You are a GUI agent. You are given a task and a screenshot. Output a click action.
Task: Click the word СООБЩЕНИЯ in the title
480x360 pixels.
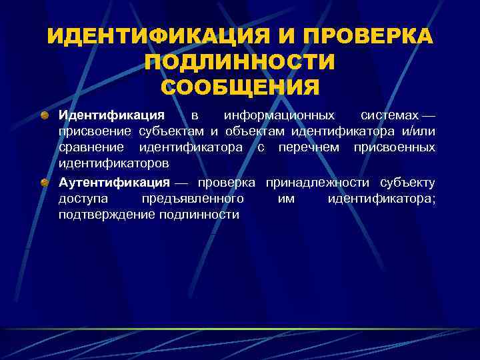point(240,88)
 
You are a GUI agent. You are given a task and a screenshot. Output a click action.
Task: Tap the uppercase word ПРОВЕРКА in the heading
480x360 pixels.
point(360,37)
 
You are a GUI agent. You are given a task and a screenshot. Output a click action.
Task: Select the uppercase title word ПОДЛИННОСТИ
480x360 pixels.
point(240,63)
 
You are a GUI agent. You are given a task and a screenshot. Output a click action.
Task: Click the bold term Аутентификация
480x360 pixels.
point(114,183)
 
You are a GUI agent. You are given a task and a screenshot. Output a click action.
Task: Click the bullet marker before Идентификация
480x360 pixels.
point(44,115)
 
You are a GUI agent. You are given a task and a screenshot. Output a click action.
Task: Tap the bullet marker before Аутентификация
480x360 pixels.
point(44,183)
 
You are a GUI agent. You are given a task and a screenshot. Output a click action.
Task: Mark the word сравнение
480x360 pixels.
point(93,147)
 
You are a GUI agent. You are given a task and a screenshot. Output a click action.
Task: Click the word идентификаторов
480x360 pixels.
point(113,163)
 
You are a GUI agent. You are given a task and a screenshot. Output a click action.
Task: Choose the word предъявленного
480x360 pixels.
point(193,199)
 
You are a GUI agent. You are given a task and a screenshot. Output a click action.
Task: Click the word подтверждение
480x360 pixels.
point(107,215)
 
